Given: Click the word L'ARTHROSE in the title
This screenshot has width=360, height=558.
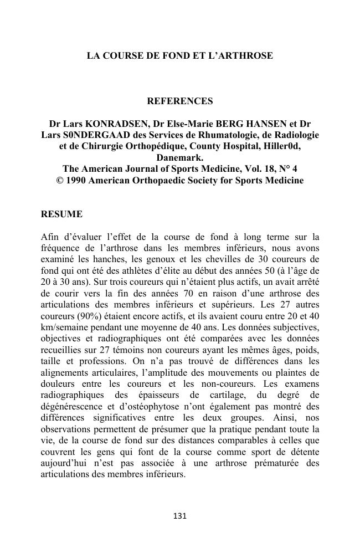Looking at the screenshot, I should coord(244,56).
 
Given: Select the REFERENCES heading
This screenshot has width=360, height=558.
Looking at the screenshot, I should coord(179,101).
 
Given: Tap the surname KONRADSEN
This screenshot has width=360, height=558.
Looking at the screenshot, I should coord(109,123).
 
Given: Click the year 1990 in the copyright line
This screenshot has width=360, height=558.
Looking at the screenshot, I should coord(76,181).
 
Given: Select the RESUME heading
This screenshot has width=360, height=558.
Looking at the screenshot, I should coord(61,214).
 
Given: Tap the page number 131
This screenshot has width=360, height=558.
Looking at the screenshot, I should coord(180,516).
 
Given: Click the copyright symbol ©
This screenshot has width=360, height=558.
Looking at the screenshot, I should coord(60,181).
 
